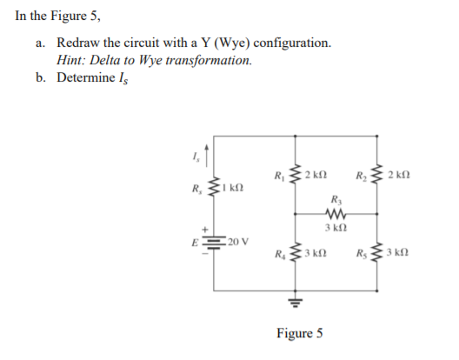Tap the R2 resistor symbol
[x=376, y=175]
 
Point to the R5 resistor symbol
[x=376, y=256]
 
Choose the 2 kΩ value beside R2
[x=399, y=175]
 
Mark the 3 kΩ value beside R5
[x=399, y=256]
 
